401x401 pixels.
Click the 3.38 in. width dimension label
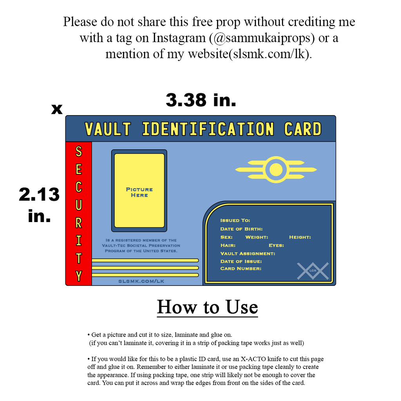(201, 100)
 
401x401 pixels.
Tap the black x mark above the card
(57, 109)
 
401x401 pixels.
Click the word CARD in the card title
(302, 129)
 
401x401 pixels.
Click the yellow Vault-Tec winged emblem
(276, 170)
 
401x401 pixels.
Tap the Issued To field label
(235, 220)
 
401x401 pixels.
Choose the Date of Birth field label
(241, 229)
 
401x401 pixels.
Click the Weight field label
(256, 237)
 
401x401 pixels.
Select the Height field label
(300, 237)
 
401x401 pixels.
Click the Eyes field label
(276, 245)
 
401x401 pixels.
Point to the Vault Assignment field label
(247, 253)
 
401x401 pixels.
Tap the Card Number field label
(241, 268)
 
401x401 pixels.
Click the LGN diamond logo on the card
(312, 271)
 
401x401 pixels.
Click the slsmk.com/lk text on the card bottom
(141, 281)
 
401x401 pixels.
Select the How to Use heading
(207, 307)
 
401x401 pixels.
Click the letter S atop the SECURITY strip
(78, 151)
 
